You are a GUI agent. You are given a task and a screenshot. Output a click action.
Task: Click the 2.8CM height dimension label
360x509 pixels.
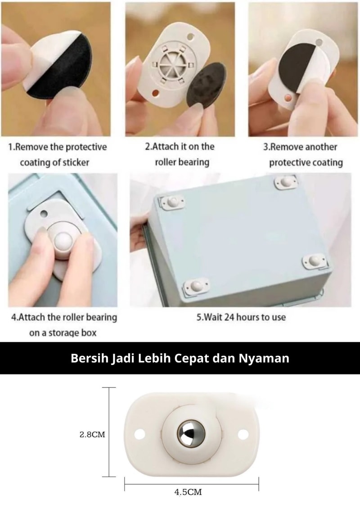(x=92, y=434)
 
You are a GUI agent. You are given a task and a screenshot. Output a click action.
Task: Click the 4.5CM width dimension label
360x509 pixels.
(x=188, y=492)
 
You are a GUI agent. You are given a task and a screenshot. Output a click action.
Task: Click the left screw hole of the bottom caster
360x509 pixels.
(x=140, y=434)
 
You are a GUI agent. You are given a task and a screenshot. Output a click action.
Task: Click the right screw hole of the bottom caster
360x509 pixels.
(x=243, y=434)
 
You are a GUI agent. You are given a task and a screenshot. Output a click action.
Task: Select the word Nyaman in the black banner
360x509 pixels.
(x=264, y=358)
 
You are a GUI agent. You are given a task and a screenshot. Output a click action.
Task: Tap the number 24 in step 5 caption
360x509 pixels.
(x=229, y=317)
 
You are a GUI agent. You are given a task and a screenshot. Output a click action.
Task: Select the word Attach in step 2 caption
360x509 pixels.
(x=165, y=146)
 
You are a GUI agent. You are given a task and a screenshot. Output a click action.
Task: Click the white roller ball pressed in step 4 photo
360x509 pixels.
(x=63, y=240)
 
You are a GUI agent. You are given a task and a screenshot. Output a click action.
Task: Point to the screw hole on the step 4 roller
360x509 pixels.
(x=44, y=214)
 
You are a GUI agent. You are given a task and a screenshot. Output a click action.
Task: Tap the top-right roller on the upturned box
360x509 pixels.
(x=285, y=182)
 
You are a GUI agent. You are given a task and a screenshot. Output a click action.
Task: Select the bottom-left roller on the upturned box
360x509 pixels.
(x=196, y=286)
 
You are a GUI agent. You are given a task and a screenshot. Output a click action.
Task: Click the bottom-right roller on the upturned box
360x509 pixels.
(x=314, y=261)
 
